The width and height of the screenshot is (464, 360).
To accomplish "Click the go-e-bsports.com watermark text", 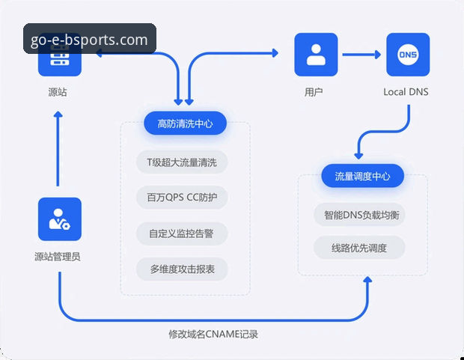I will pyautogui.click(x=90, y=39).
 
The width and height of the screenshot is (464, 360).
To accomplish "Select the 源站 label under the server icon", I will pyautogui.click(x=58, y=93).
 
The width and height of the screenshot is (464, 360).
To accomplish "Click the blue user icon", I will pyautogui.click(x=316, y=54).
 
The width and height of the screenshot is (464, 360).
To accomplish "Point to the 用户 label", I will pyautogui.click(x=314, y=93).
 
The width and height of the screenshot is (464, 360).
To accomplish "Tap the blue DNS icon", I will pyautogui.click(x=408, y=54).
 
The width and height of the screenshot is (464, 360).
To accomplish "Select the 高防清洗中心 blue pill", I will pyautogui.click(x=186, y=124).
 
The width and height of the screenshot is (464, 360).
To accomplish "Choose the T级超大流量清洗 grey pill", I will pyautogui.click(x=183, y=162).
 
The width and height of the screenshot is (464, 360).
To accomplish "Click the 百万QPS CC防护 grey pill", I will pyautogui.click(x=183, y=198).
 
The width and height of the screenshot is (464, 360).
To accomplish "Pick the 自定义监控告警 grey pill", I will pyautogui.click(x=183, y=234).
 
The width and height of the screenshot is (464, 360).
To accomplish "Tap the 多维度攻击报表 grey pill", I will pyautogui.click(x=183, y=269).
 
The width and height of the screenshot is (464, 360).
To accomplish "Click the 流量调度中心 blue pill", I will pyautogui.click(x=363, y=177).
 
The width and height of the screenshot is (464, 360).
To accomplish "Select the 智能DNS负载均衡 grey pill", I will pyautogui.click(x=362, y=215).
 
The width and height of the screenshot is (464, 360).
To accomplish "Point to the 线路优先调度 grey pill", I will pyautogui.click(x=359, y=248).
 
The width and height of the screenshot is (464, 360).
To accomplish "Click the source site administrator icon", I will pyautogui.click(x=59, y=219).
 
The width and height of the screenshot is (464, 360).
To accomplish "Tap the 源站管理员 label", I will pyautogui.click(x=58, y=257).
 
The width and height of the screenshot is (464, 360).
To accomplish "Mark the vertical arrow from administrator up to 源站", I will pyautogui.click(x=58, y=150).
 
